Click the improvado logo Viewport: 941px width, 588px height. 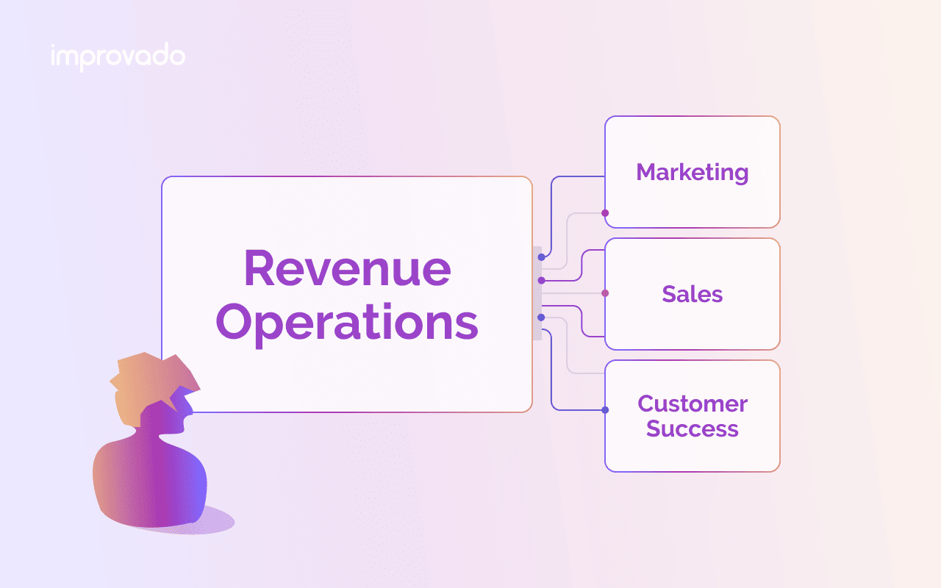click(x=118, y=57)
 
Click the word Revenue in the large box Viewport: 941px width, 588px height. click(x=348, y=268)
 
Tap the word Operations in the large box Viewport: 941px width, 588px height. click(x=347, y=323)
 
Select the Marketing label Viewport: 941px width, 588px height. click(x=693, y=172)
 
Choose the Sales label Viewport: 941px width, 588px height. click(x=693, y=293)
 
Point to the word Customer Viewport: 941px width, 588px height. click(x=693, y=404)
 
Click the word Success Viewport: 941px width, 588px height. click(x=693, y=429)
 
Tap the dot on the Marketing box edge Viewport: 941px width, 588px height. click(x=605, y=213)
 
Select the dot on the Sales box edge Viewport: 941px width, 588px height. click(x=605, y=293)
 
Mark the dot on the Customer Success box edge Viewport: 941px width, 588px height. click(x=605, y=410)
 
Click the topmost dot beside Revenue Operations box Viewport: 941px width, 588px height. click(x=542, y=257)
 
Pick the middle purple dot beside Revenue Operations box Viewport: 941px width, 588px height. click(x=542, y=280)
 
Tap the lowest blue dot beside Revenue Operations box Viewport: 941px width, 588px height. click(x=542, y=318)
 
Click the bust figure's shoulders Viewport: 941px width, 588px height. click(x=149, y=478)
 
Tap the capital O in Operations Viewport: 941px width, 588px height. click(x=234, y=322)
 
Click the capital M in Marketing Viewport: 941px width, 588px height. click(x=648, y=172)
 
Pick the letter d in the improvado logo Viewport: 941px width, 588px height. click(x=160, y=54)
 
